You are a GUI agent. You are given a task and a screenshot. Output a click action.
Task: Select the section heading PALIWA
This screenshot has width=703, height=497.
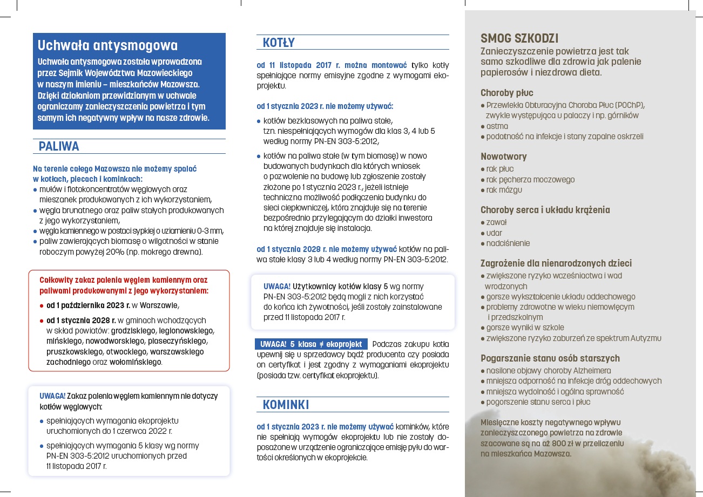point(59,146)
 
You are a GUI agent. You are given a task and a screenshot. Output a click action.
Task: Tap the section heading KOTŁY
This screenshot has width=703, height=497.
point(279,43)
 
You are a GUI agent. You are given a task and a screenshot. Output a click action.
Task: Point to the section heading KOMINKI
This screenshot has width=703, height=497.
point(286,405)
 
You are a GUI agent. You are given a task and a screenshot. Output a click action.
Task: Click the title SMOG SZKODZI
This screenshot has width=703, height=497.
point(519,38)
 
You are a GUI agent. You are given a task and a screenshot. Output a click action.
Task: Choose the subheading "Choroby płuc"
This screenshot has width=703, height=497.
point(507,93)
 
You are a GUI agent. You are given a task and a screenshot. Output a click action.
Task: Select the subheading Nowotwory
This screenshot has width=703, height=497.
point(504,156)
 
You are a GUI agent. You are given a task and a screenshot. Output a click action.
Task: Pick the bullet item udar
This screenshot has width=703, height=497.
point(494,233)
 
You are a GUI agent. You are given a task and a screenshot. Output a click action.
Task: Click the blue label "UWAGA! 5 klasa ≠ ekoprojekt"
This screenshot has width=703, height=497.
point(311,344)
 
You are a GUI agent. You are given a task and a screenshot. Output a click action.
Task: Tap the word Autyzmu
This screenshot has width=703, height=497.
point(644,338)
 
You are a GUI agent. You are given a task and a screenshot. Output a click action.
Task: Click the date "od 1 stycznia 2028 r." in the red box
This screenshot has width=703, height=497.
point(81,320)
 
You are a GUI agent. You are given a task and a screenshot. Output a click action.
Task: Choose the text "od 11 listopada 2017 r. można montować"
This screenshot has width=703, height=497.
point(332,65)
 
